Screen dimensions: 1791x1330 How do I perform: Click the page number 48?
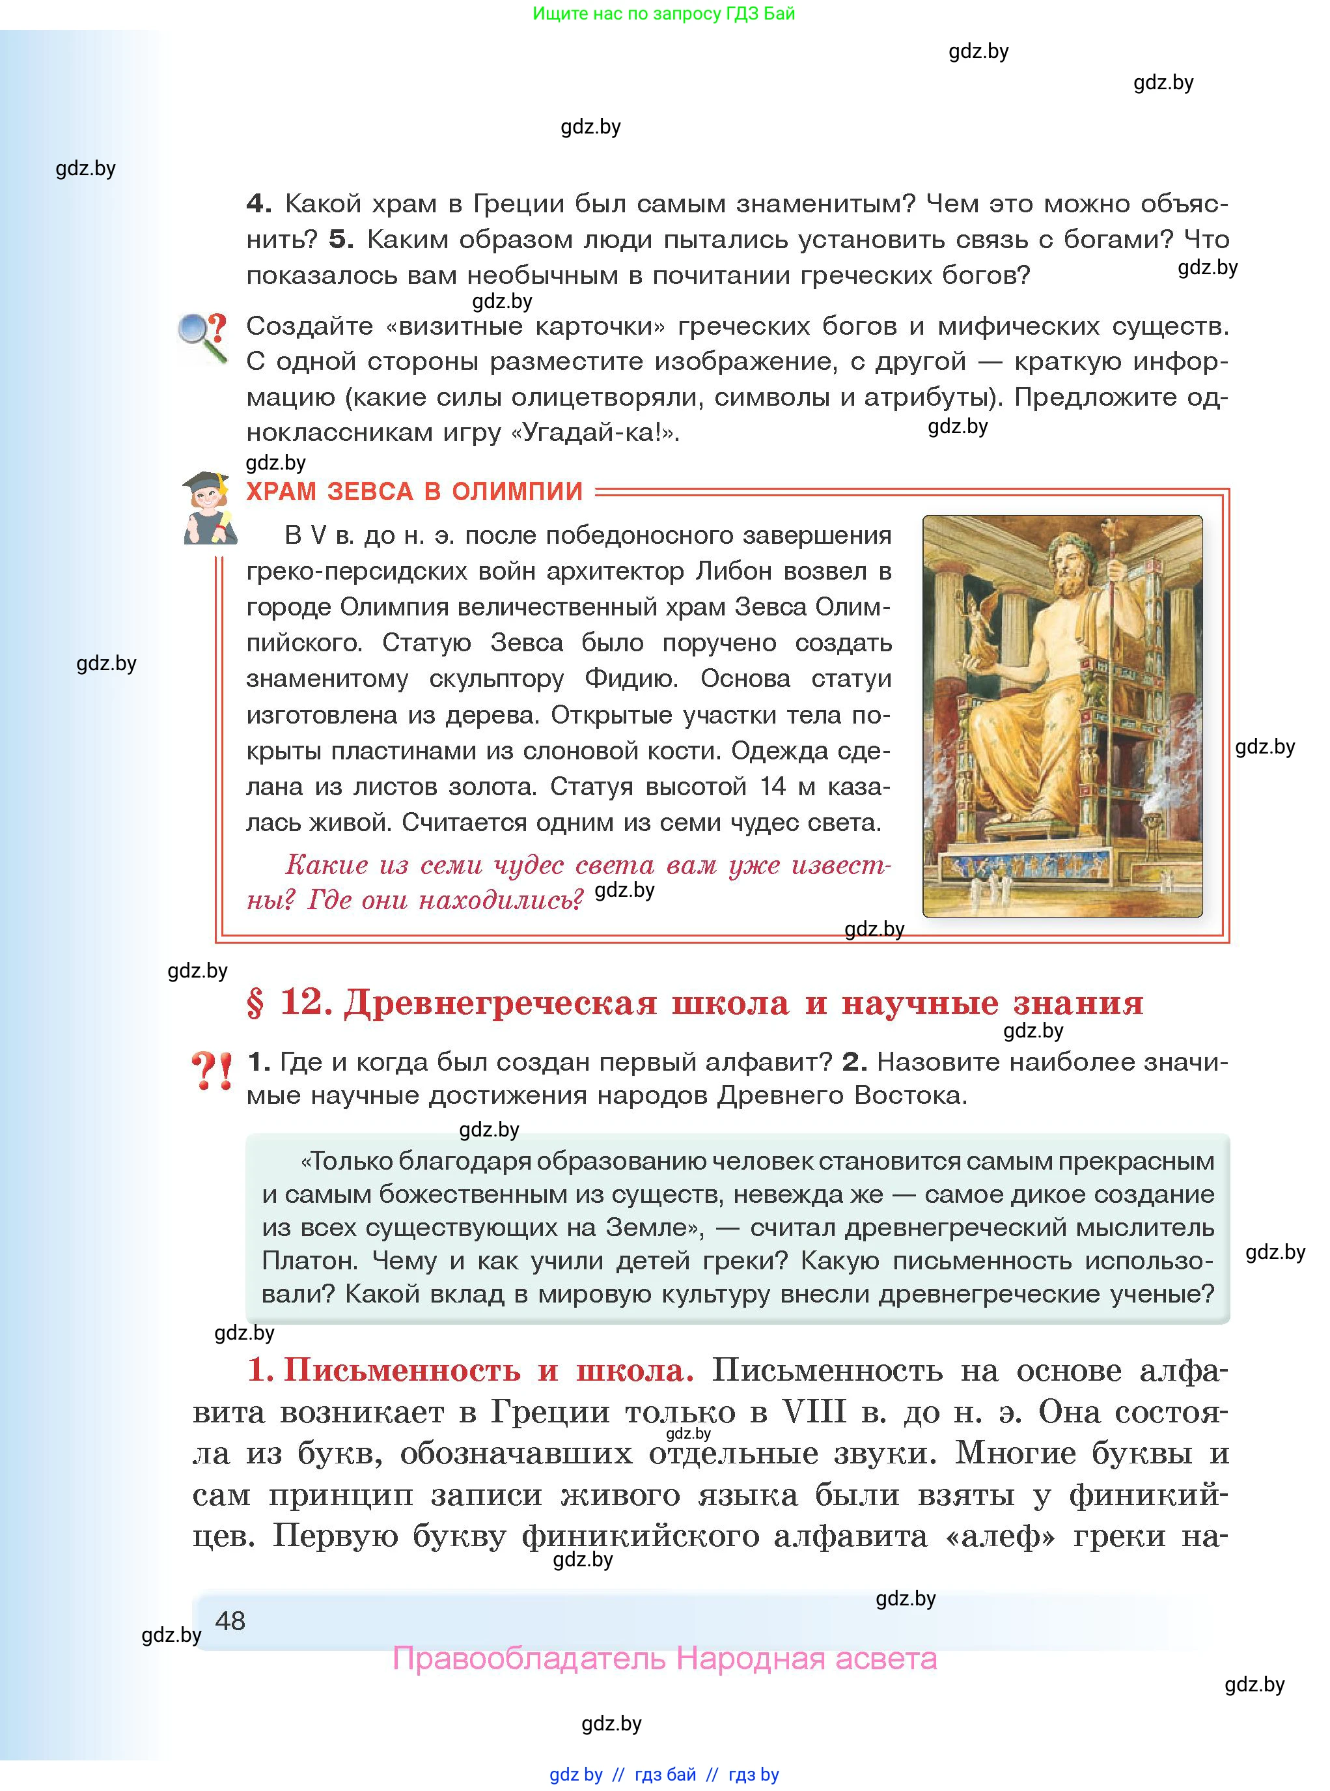point(230,1620)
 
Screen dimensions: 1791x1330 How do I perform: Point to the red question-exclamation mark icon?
point(212,1071)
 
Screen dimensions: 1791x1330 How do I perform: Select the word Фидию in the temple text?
point(630,679)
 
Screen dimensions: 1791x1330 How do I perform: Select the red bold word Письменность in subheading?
point(402,1370)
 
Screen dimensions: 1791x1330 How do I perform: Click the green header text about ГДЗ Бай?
point(663,14)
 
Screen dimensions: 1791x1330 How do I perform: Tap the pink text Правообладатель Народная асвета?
point(664,1659)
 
